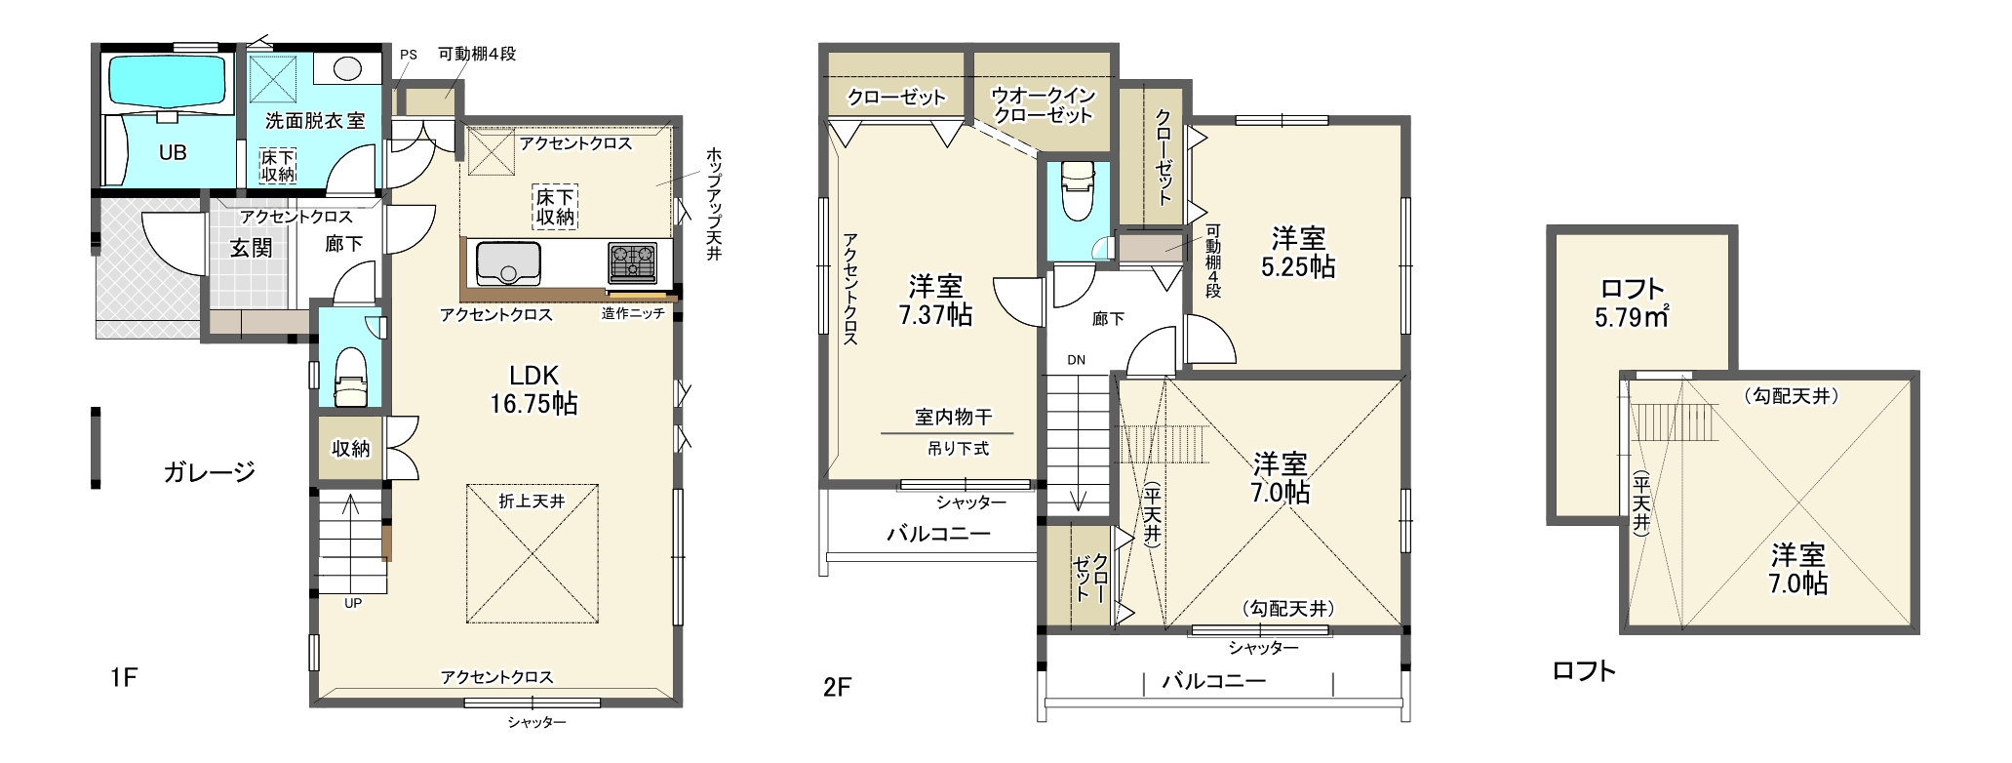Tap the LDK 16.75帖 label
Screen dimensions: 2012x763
click(533, 389)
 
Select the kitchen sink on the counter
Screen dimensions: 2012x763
click(508, 262)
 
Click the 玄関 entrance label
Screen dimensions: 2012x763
click(251, 247)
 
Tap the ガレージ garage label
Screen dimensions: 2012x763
click(209, 472)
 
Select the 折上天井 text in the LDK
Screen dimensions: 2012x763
click(532, 501)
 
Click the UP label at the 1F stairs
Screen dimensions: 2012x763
click(353, 604)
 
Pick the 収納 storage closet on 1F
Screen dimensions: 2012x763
click(350, 449)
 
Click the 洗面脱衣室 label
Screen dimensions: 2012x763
click(315, 121)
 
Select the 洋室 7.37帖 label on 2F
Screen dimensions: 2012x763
click(935, 300)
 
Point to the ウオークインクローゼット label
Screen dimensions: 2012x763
click(1043, 105)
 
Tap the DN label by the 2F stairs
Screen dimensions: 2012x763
click(1076, 360)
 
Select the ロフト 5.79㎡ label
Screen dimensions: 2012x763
click(1632, 302)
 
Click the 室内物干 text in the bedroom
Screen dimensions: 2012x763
click(953, 418)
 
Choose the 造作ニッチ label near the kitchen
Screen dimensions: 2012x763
click(633, 314)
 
